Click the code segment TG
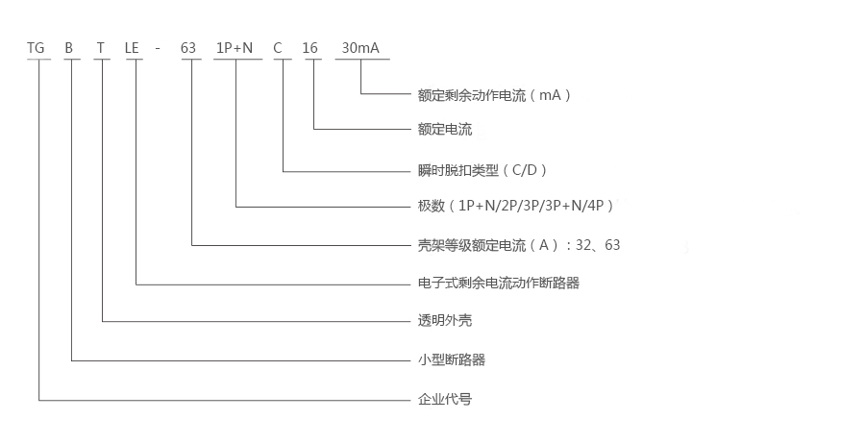(x=37, y=47)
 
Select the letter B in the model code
(x=69, y=47)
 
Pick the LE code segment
(x=135, y=47)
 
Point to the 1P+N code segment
(x=235, y=47)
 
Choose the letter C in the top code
(x=280, y=47)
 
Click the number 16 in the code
(x=310, y=47)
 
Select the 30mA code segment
(x=361, y=47)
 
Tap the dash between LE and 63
(x=162, y=48)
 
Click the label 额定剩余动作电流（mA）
(x=495, y=95)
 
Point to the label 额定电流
(x=445, y=130)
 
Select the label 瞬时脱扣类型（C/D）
(x=482, y=170)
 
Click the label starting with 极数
(x=515, y=206)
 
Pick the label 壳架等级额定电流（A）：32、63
(x=519, y=245)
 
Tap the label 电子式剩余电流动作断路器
(x=499, y=284)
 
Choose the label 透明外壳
(x=445, y=321)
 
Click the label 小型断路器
(x=452, y=360)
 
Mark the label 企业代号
(x=445, y=399)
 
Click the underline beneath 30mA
(x=361, y=60)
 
